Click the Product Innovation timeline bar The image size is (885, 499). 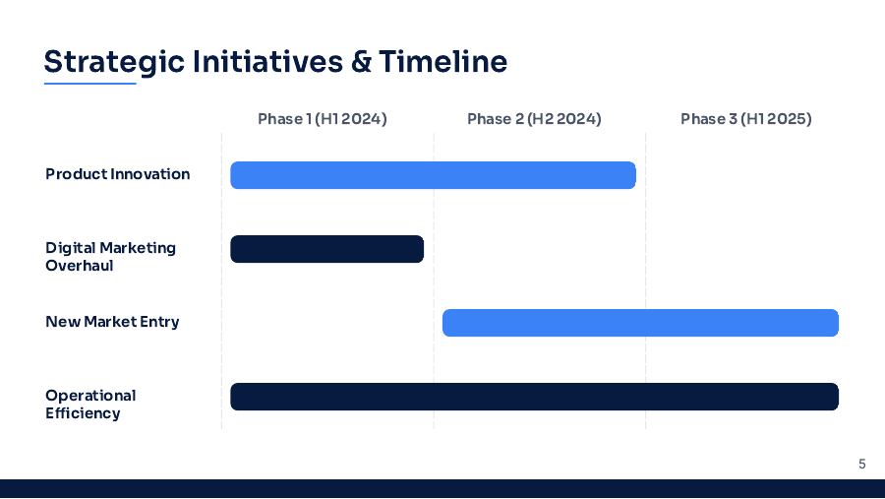tap(433, 175)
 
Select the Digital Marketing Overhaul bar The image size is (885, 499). tap(326, 249)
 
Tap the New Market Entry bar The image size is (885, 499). tap(640, 323)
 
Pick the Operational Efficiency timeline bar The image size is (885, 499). tap(534, 397)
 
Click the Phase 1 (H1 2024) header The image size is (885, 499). tap(323, 119)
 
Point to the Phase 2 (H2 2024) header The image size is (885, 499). tap(534, 119)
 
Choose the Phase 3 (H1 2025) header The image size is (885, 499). tap(745, 119)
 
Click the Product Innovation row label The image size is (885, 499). tap(118, 174)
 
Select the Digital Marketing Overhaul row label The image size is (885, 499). tap(110, 257)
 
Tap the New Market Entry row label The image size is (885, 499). tap(112, 322)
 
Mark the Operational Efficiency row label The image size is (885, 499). tap(90, 405)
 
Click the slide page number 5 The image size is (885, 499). tap(862, 464)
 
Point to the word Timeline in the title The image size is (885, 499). tap(442, 62)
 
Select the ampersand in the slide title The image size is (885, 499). tap(361, 62)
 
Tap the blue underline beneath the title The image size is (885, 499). tap(89, 84)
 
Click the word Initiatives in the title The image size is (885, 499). tap(267, 62)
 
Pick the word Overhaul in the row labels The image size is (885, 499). tap(80, 266)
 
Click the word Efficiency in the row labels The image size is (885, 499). tap(83, 413)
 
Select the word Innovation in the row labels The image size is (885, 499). tap(149, 174)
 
